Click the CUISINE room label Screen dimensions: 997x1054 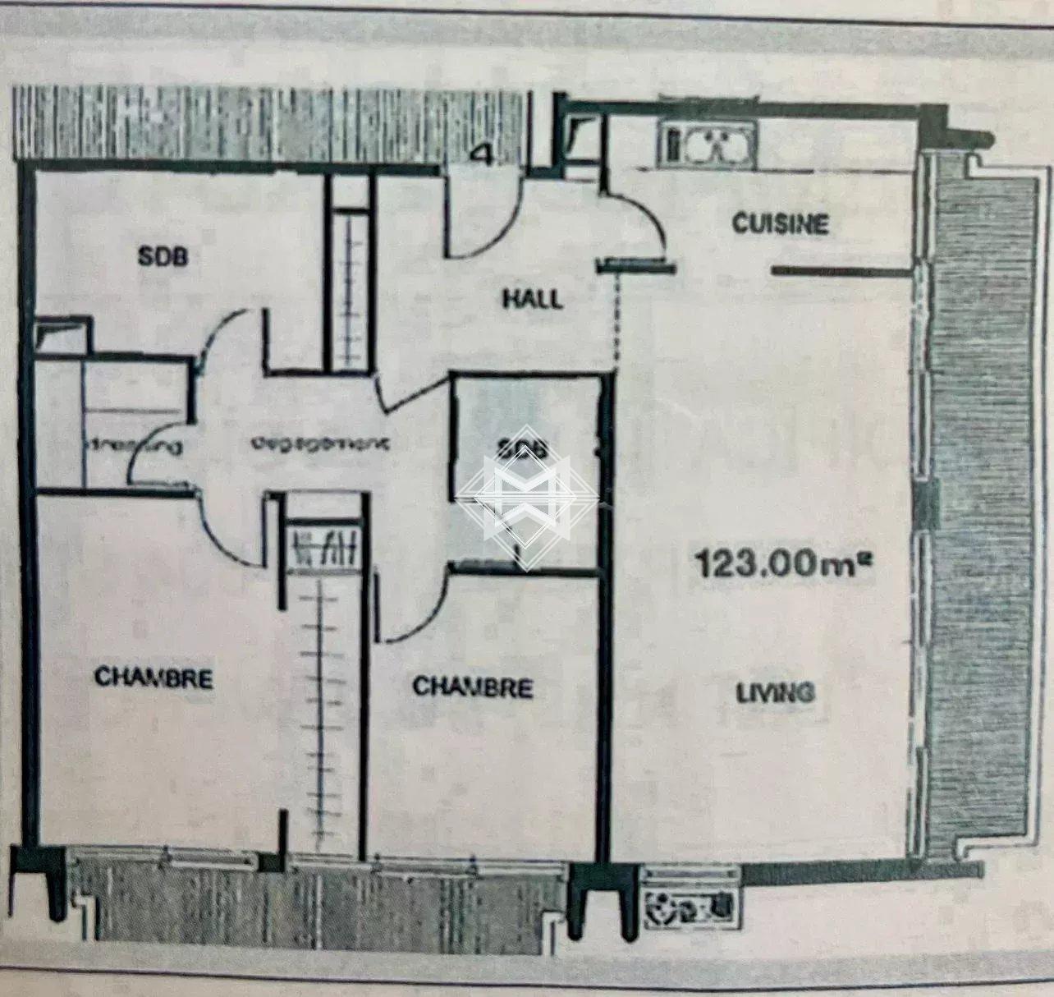[780, 223]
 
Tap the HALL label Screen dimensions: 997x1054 [533, 298]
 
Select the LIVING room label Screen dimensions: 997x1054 [775, 693]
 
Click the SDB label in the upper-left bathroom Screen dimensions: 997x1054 [163, 256]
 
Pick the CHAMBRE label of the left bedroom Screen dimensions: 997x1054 [154, 678]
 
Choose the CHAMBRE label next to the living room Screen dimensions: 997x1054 [472, 687]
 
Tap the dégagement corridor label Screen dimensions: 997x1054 [319, 443]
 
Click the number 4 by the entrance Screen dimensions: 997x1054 [484, 154]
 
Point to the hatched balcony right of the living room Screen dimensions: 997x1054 [981, 509]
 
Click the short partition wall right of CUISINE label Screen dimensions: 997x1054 [841, 269]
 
